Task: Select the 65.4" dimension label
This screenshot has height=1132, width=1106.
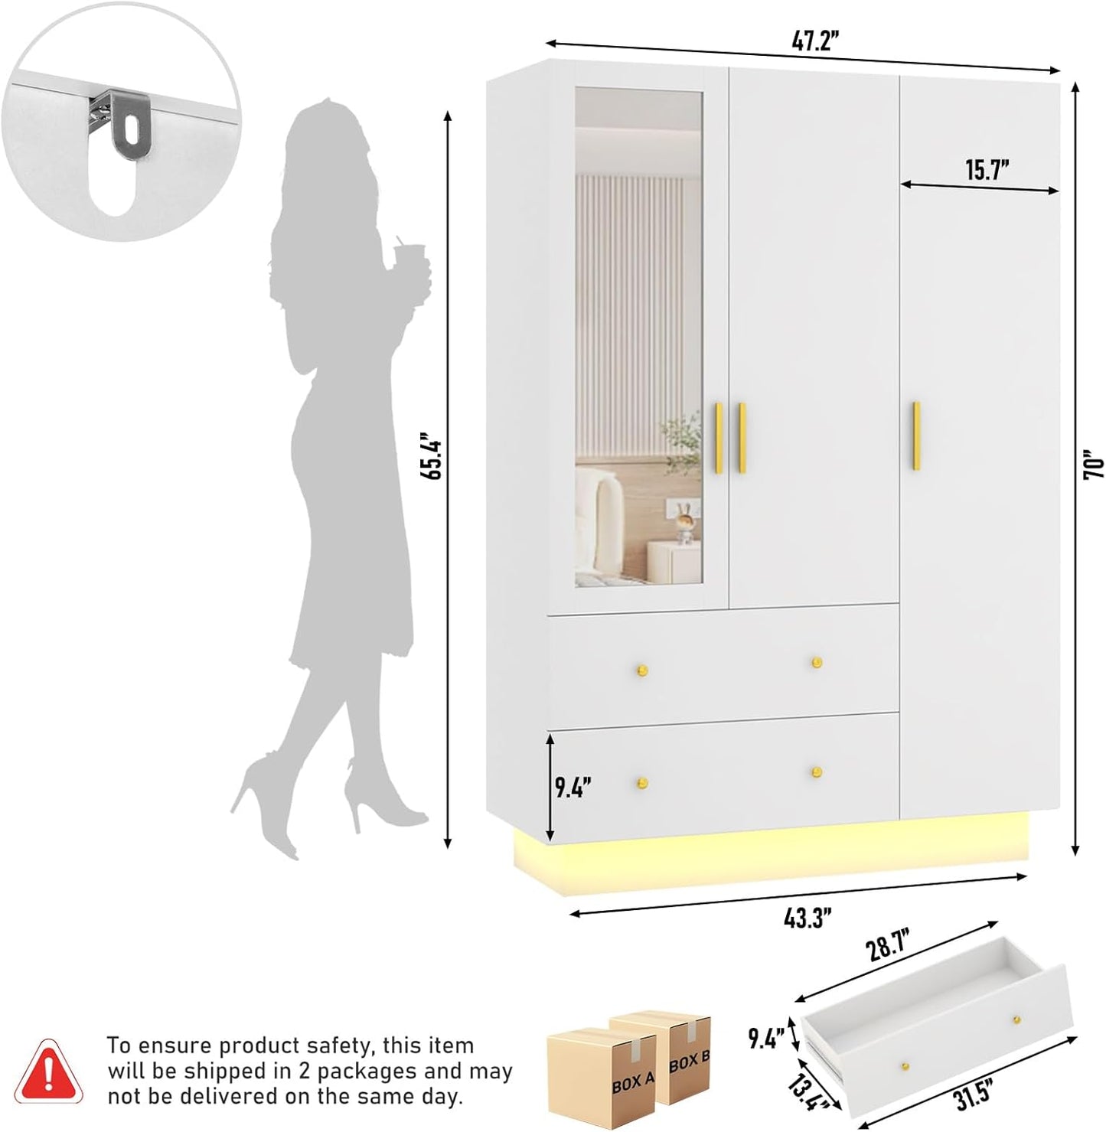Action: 434,458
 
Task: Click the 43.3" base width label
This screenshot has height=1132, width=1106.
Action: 807,917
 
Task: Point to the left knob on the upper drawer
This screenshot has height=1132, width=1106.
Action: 642,671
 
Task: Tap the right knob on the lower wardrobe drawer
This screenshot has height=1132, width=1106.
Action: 817,772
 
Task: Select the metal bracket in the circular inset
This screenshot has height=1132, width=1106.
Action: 125,123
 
